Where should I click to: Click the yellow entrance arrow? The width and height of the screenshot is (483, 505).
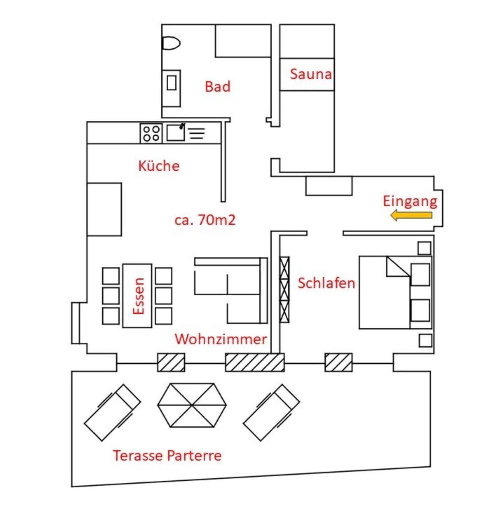pos(411,215)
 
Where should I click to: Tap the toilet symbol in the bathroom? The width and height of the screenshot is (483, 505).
pos(171,43)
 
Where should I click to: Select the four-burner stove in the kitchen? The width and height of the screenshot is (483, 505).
pos(151,133)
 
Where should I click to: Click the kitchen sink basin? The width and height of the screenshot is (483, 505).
pos(175,132)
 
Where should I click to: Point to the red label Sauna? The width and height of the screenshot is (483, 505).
pos(311,74)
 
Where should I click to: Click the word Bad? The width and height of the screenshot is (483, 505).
pos(218,87)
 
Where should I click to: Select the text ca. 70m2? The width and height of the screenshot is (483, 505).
pos(205,220)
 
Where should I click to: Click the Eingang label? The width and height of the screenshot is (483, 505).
pos(410,202)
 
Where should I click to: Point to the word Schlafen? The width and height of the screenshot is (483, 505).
pos(326,283)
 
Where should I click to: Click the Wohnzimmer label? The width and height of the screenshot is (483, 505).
pos(221,339)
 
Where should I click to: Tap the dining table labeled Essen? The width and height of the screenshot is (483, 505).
pos(137,296)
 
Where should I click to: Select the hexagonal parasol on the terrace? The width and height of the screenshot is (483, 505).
pos(192,405)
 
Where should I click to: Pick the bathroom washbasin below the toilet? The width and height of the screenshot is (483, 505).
pos(171,88)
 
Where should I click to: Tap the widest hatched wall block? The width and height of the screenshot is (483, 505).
pos(255,362)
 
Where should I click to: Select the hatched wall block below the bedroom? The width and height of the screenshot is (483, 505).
pos(339,362)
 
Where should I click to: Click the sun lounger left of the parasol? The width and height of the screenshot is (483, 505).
pos(112,413)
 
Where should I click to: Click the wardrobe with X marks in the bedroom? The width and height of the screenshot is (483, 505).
pos(284,290)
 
